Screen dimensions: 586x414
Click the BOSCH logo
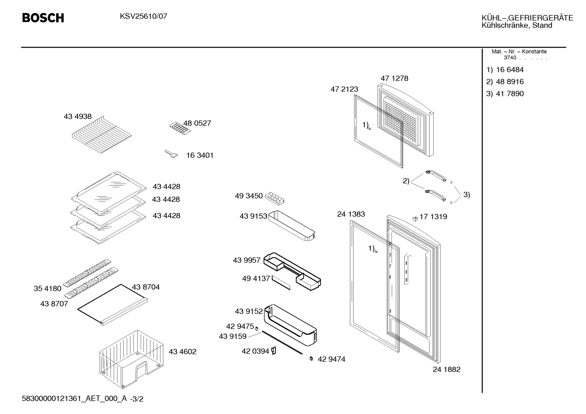coord(43,18)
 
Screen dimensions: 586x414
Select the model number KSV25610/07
coord(143,17)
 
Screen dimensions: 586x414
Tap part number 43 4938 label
coord(78,116)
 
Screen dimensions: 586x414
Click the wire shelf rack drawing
coord(102,134)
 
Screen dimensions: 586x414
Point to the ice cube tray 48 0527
coord(180,128)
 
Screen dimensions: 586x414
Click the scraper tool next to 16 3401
coord(171,154)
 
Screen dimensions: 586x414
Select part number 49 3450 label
coord(249,196)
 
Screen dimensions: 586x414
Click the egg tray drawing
coord(275,199)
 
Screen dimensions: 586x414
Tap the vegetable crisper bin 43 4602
coord(132,359)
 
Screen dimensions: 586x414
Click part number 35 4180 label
coord(48,288)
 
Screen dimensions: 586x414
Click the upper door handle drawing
coord(436,176)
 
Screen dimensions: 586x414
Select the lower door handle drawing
coord(435,195)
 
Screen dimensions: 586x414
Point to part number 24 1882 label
coord(447,369)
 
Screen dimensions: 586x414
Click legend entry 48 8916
coord(510,82)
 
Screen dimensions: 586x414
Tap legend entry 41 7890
coord(510,93)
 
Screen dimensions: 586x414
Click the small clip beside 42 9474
coord(311,359)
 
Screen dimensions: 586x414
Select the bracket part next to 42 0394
coord(273,351)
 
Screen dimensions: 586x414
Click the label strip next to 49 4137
coord(281,282)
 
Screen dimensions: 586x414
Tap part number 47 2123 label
coord(344,89)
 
